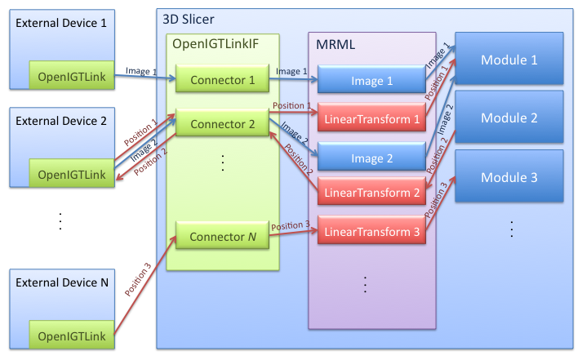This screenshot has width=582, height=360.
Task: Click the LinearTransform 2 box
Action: [x=372, y=193]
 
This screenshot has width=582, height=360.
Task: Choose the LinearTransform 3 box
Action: [x=372, y=231]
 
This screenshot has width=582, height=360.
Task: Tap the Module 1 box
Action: [x=509, y=60]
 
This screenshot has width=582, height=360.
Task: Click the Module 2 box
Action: [x=509, y=118]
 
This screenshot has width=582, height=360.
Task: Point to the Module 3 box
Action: [x=509, y=177]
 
